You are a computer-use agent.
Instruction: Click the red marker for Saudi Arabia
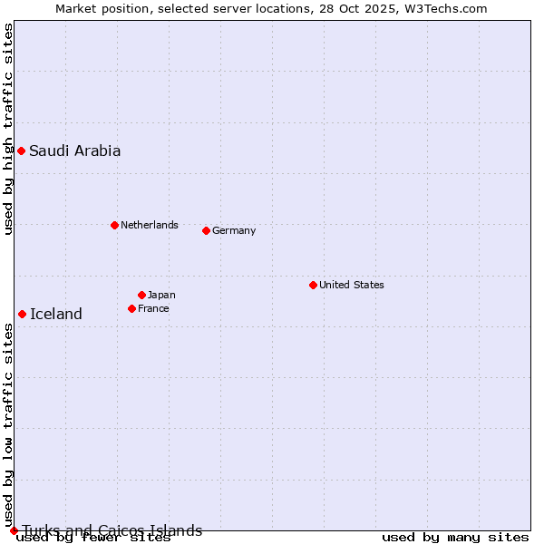[x=21, y=151]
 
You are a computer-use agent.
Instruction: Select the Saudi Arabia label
[x=74, y=151]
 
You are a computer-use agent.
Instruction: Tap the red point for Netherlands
[x=114, y=225]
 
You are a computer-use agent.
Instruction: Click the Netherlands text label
[x=149, y=225]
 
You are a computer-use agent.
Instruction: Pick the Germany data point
[x=206, y=230]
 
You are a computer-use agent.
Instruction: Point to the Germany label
[x=234, y=230]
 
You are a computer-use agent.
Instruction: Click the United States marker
[x=313, y=285]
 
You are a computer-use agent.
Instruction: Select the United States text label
[x=351, y=285]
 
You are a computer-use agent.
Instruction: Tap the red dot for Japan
[x=141, y=295]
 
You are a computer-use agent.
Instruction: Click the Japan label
[x=161, y=295]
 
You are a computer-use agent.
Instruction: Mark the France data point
[x=131, y=308]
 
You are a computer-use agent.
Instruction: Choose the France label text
[x=153, y=308]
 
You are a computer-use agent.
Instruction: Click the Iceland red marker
[x=22, y=314]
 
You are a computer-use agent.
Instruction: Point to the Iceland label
[x=55, y=315]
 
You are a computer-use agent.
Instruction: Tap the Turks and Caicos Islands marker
[x=14, y=530]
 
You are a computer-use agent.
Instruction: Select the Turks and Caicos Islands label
[x=112, y=530]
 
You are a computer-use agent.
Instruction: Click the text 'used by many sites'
[x=455, y=538]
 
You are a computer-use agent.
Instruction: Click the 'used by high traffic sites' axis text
[x=8, y=129]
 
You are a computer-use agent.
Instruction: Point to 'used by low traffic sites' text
[x=8, y=426]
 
